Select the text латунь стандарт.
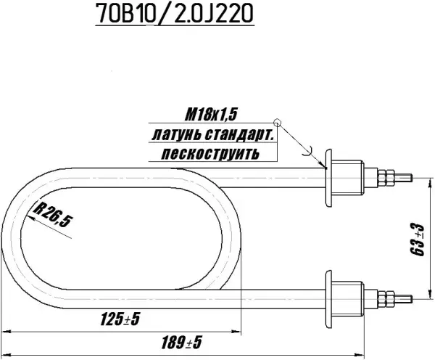(x=212, y=134)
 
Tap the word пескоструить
(x=210, y=154)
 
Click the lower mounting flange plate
(x=329, y=295)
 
